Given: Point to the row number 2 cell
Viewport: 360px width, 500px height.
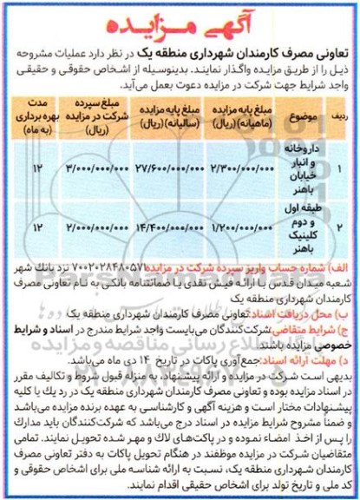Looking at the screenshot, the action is coord(339,227).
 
